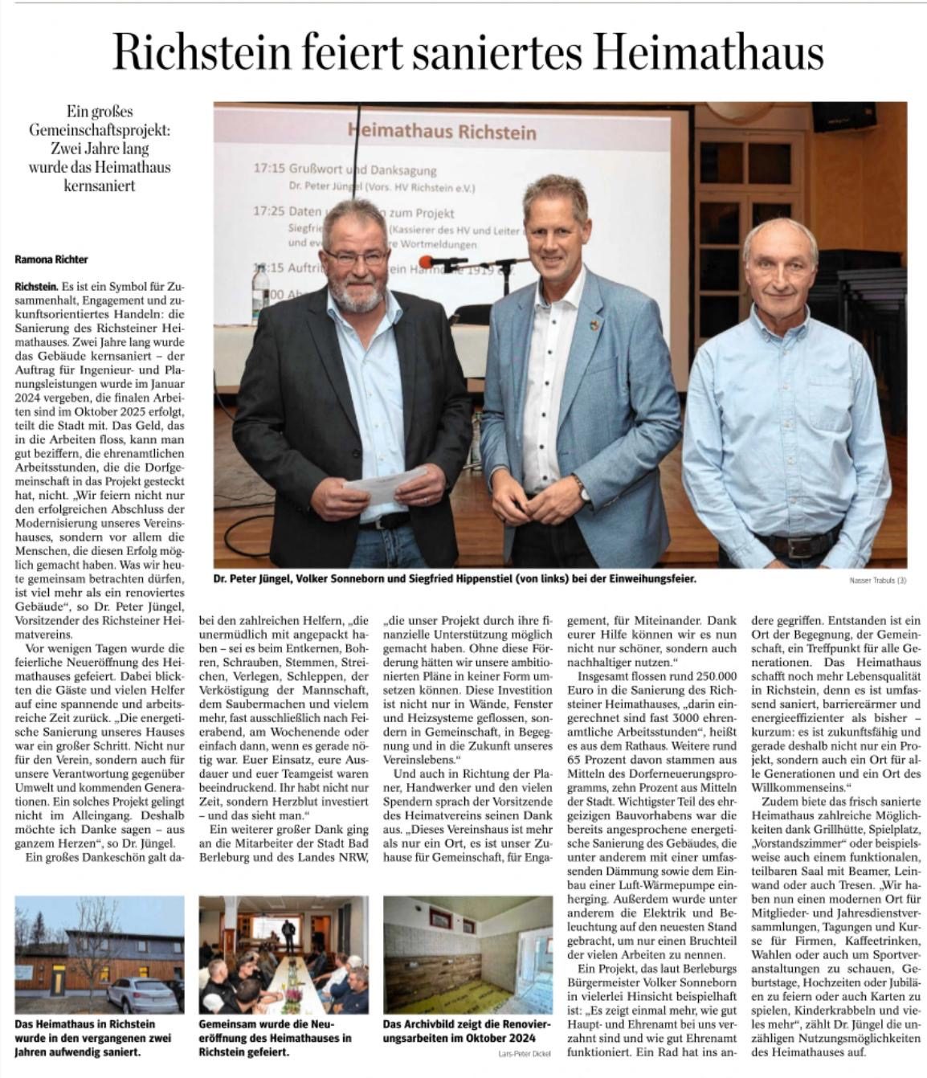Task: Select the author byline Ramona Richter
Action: click(x=51, y=259)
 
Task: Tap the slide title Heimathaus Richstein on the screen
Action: click(x=441, y=131)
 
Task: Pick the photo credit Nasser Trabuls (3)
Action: click(x=877, y=581)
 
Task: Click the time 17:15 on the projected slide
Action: click(x=270, y=170)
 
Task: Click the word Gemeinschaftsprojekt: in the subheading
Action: click(x=100, y=130)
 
